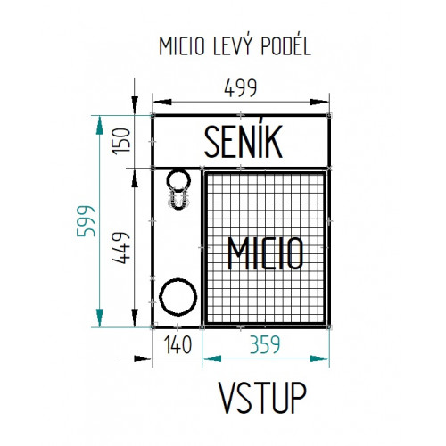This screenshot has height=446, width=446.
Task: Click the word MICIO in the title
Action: click(x=182, y=46)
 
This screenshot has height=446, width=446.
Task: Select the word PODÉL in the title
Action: click(x=285, y=45)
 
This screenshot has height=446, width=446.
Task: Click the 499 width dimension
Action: click(x=240, y=88)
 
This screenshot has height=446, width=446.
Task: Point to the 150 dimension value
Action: click(x=121, y=141)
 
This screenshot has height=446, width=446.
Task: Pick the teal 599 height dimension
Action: click(x=86, y=220)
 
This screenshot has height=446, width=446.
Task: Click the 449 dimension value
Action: click(x=121, y=248)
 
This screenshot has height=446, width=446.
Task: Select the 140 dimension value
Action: click(x=178, y=345)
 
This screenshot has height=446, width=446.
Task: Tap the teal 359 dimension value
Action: click(x=265, y=345)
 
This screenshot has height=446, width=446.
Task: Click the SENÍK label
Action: click(x=244, y=142)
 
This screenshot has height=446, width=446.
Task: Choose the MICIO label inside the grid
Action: click(x=266, y=253)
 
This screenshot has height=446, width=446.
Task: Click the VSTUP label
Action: click(x=262, y=398)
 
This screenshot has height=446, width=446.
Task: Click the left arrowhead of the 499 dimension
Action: click(x=162, y=102)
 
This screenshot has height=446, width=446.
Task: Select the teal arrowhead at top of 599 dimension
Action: click(x=100, y=125)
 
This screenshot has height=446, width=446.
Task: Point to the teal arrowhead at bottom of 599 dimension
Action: click(x=100, y=318)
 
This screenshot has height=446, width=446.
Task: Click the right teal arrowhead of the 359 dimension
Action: click(x=319, y=359)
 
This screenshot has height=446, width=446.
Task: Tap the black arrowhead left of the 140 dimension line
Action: click(x=143, y=359)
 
